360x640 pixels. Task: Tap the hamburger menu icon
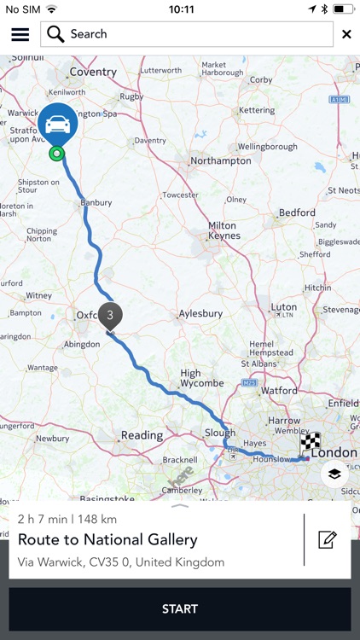click(x=20, y=34)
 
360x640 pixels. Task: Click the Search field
click(x=187, y=34)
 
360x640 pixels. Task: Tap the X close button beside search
click(x=346, y=34)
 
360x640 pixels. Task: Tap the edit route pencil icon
click(x=328, y=539)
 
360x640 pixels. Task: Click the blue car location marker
click(x=58, y=125)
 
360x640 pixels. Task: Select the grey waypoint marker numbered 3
click(x=110, y=316)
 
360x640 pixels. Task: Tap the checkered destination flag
click(x=311, y=442)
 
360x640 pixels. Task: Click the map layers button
click(x=334, y=474)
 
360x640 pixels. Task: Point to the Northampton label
click(x=220, y=160)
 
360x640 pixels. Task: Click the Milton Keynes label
click(x=223, y=230)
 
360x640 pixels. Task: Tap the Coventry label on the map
click(x=92, y=73)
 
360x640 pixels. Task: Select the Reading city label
click(x=142, y=435)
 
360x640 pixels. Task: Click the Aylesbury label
click(x=201, y=314)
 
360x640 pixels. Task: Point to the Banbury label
click(x=96, y=204)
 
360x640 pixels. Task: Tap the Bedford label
click(x=297, y=212)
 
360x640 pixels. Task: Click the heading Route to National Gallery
click(x=107, y=539)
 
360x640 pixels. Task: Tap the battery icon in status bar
click(x=344, y=9)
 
